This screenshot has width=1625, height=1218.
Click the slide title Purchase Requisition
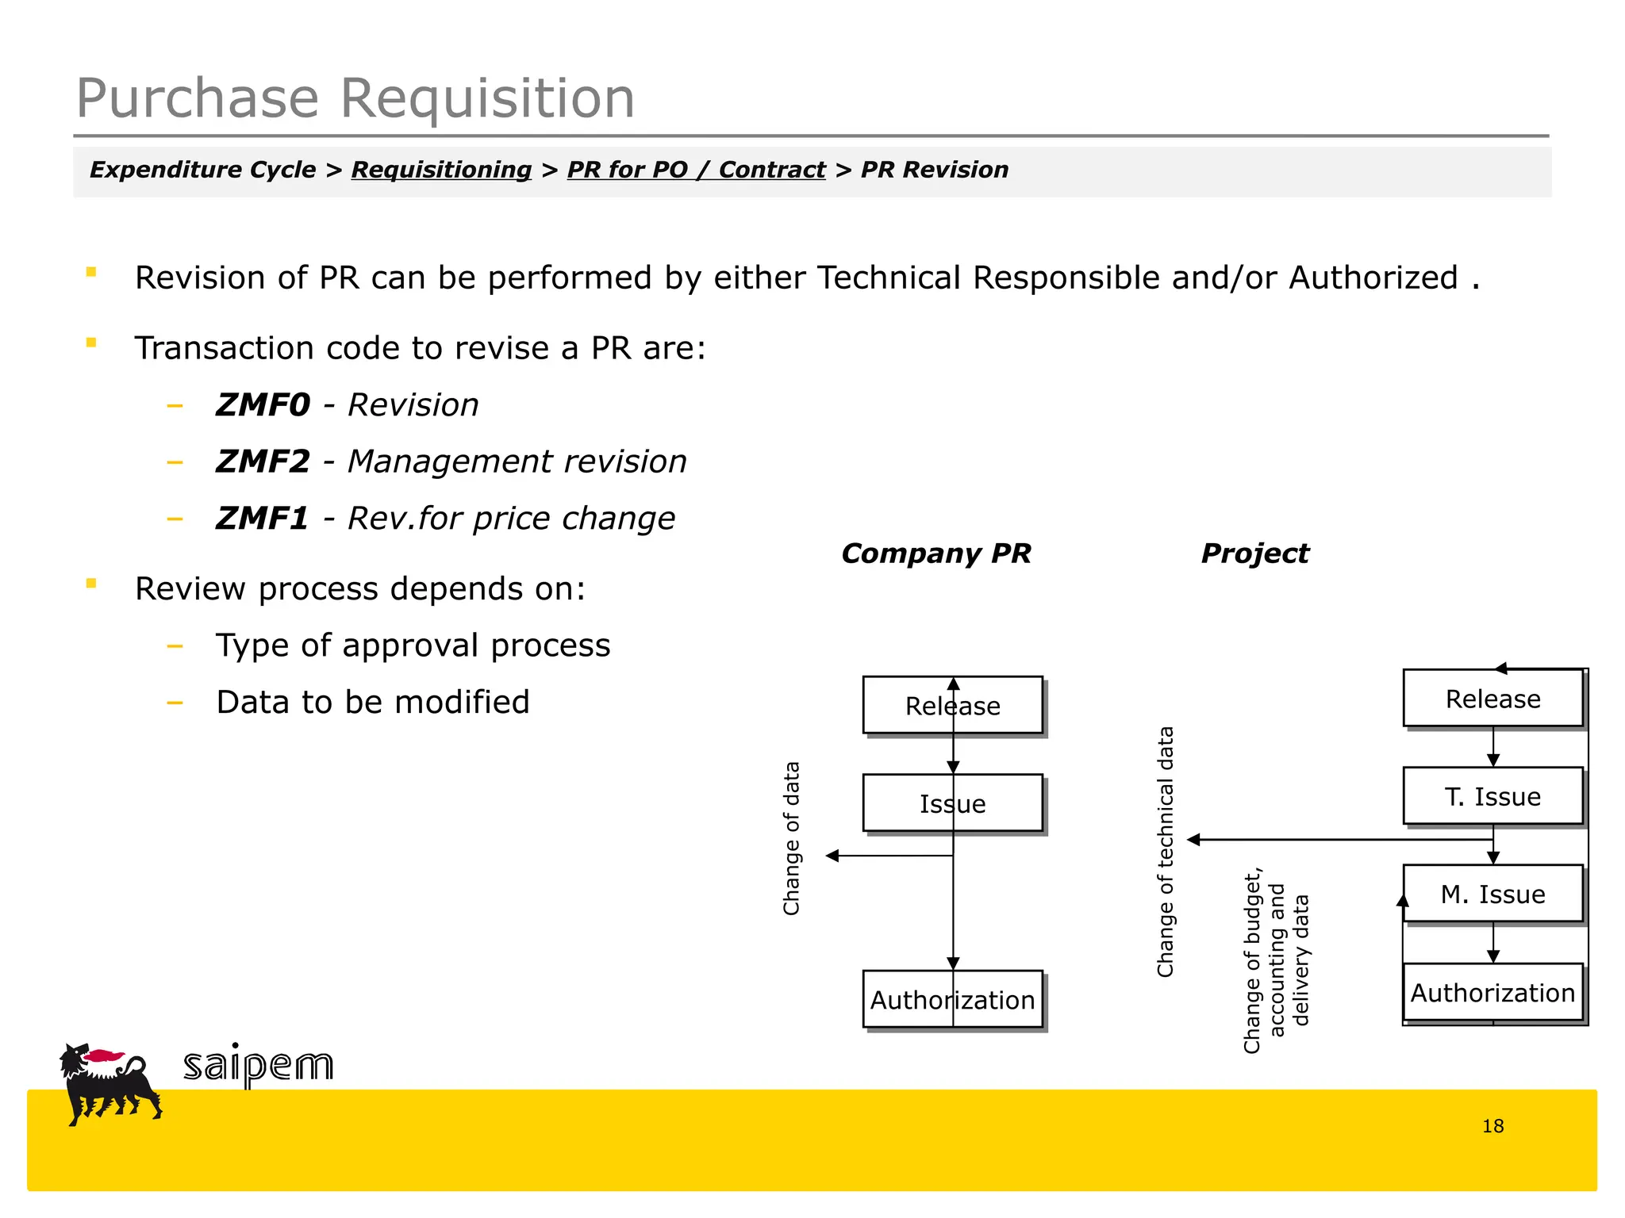pyautogui.click(x=355, y=98)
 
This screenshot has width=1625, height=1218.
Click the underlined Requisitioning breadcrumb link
pyautogui.click(x=441, y=170)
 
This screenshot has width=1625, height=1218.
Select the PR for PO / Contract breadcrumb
pyautogui.click(x=696, y=170)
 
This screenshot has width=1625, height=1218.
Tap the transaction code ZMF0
pyautogui.click(x=263, y=405)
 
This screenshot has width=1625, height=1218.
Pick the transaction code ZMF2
pyautogui.click(x=263, y=462)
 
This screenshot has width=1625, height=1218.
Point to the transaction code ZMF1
pyautogui.click(x=262, y=519)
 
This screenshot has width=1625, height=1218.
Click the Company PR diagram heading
pyautogui.click(x=935, y=553)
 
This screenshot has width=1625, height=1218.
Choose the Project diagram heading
pyautogui.click(x=1254, y=553)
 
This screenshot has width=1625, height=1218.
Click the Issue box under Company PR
pyautogui.click(x=952, y=803)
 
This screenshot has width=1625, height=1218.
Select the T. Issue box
pyautogui.click(x=1492, y=796)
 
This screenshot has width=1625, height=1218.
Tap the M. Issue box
pyautogui.click(x=1492, y=894)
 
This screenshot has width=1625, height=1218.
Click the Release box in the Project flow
pyautogui.click(x=1492, y=699)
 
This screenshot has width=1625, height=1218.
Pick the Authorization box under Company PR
pyautogui.click(x=952, y=999)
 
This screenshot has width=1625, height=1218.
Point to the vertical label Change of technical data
pyautogui.click(x=1165, y=852)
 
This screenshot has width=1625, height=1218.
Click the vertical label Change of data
pyautogui.click(x=791, y=838)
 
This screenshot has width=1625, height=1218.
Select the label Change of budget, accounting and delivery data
pyautogui.click(x=1276, y=960)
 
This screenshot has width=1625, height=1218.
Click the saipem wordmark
pyautogui.click(x=259, y=1065)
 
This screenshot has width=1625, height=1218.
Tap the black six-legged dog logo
pyautogui.click(x=109, y=1083)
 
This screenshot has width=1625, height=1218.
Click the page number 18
pyautogui.click(x=1492, y=1126)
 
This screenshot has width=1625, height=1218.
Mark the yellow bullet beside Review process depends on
pyautogui.click(x=91, y=584)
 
